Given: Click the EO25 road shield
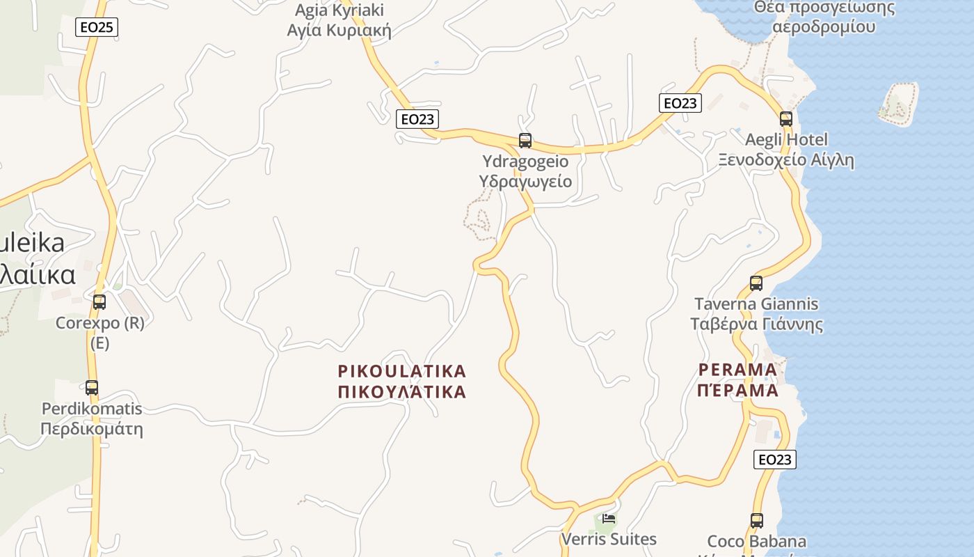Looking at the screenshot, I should pos(97,27).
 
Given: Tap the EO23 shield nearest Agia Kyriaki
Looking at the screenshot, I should pos(417,119).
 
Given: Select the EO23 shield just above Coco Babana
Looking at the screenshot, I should pos(774,460).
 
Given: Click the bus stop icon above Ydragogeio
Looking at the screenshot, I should pos(525,141).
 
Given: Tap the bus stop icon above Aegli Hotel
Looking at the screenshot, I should pos(786,119).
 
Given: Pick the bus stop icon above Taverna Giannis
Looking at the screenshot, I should pos(756,283).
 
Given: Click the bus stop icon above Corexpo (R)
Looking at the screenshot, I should pos(99,302).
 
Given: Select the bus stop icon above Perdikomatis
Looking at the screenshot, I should pos(92,388).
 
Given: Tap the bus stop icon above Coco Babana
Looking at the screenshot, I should pos(757,520).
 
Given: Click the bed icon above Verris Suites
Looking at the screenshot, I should pos(609,519).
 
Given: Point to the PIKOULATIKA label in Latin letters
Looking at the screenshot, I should pos(401,370).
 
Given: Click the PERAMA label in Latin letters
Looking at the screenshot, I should pos(737,369).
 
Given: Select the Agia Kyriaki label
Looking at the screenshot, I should pos(339,10).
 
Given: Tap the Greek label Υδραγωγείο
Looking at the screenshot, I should pos(525,182).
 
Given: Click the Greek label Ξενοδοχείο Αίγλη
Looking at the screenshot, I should pos(786,160).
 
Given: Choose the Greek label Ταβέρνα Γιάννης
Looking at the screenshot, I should pos(756,324).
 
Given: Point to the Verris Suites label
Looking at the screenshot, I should pos(609,539).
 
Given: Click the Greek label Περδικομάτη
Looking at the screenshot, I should pos(92,428).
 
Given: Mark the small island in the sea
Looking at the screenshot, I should pos(897,104).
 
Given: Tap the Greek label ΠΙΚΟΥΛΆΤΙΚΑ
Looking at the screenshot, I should pos(401,391).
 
